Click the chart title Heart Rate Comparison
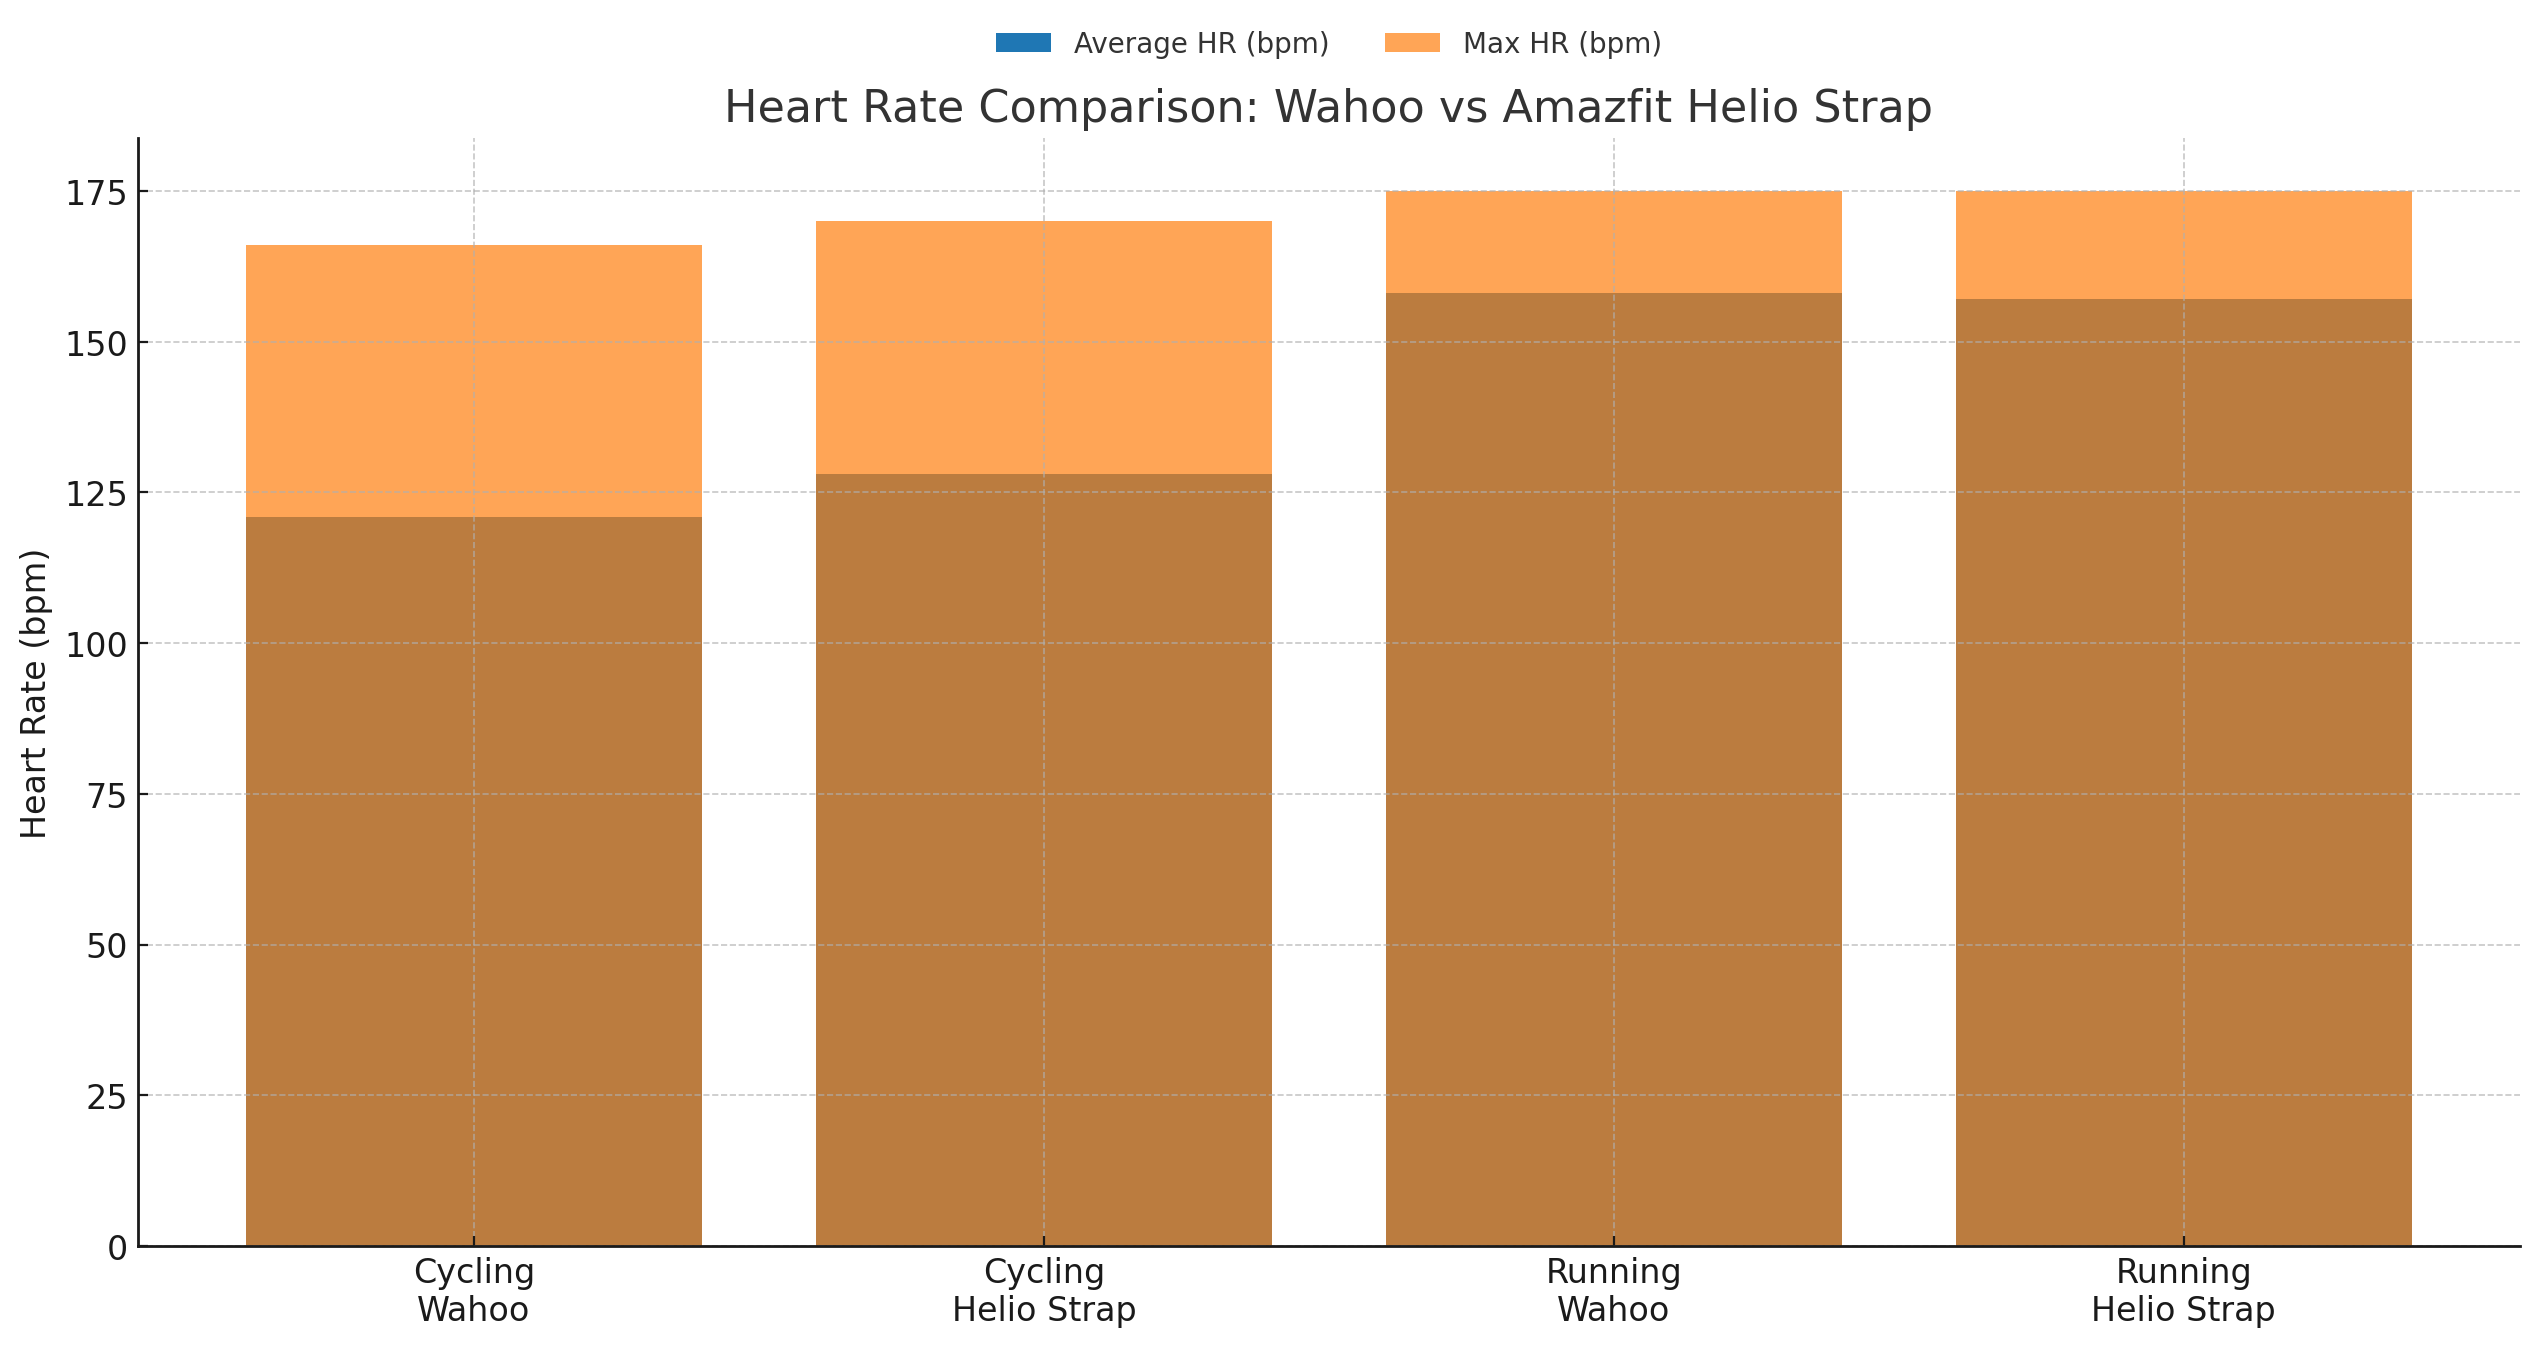pos(1327,107)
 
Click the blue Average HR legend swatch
pos(1022,43)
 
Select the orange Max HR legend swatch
pos(1411,43)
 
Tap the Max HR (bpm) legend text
pos(1561,44)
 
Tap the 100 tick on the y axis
pos(96,645)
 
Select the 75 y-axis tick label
pos(106,796)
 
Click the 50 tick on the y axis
pos(106,946)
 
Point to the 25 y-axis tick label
pos(106,1097)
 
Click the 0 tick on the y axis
pos(117,1248)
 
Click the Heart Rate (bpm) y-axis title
pos(34,693)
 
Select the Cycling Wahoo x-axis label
pos(473,1290)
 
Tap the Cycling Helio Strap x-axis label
pos(1043,1290)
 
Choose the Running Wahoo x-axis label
pos(1613,1290)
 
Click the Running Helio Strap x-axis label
pos(2183,1290)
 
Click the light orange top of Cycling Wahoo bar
pos(473,380)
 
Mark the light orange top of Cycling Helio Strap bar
pos(1043,347)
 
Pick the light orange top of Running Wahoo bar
pos(1613,241)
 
